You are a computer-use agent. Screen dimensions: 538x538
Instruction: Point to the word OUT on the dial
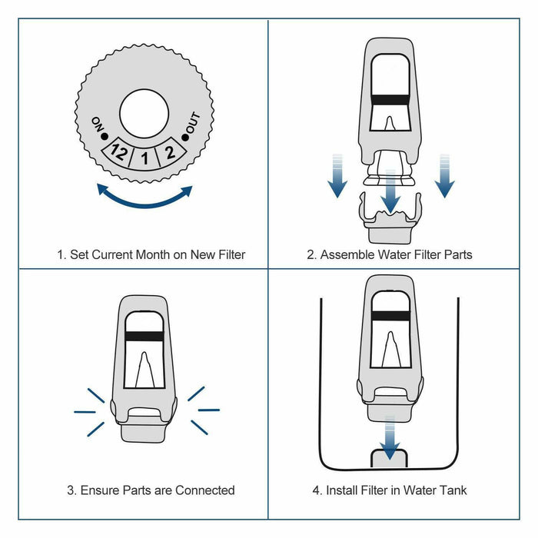tap(192, 123)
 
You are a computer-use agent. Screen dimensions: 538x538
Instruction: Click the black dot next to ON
tap(105, 136)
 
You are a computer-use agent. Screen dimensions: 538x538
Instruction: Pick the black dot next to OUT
tap(184, 136)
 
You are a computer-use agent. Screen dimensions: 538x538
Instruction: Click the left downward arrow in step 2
tap(337, 176)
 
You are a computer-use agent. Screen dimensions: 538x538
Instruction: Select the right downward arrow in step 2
tap(445, 176)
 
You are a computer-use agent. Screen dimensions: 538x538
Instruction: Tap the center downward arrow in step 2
tap(391, 192)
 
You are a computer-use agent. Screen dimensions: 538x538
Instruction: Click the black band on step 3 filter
tap(144, 337)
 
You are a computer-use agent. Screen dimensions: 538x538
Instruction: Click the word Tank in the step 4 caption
tap(451, 490)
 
